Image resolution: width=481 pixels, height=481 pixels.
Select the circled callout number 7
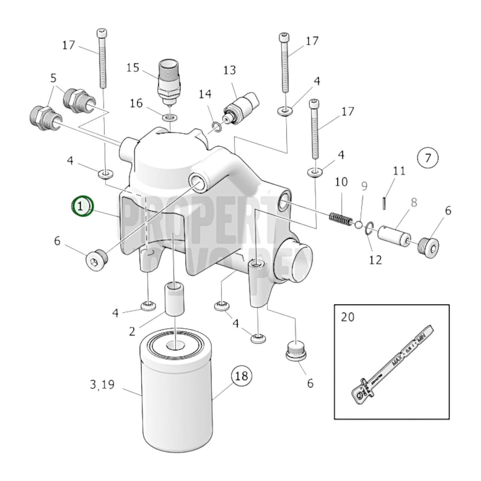tap(427, 157)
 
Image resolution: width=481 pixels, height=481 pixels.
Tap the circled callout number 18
tap(242, 376)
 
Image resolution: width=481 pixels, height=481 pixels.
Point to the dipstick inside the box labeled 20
tap(393, 364)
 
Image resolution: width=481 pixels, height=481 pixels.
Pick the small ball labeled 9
tap(359, 225)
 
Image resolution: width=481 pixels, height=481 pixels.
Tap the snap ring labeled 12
tap(368, 229)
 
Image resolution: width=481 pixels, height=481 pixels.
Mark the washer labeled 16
tap(170, 117)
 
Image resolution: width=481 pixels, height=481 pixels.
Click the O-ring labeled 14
tap(216, 126)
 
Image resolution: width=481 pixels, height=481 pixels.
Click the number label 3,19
tap(102, 385)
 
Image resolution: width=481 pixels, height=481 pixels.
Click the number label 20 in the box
tap(348, 317)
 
